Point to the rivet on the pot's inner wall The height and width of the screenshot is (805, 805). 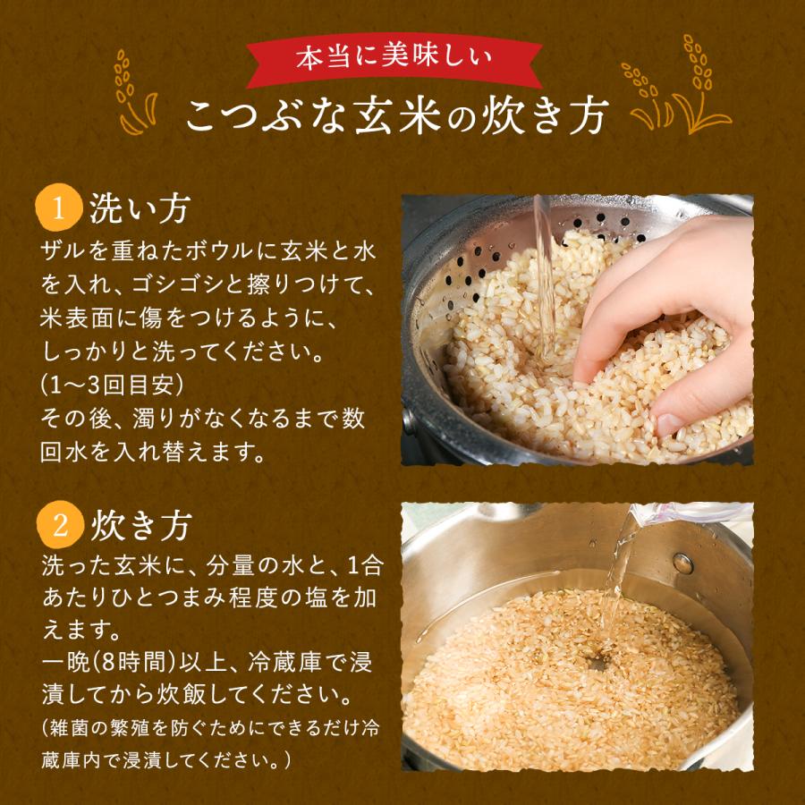(x=682, y=563)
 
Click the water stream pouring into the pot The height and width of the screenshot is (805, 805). (x=617, y=581)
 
